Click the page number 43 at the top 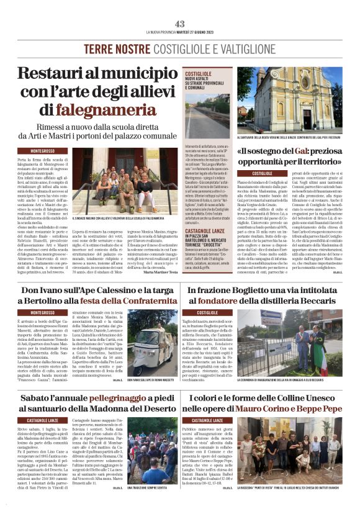[180, 23]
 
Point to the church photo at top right [289, 101]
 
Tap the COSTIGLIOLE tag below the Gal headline [261, 173]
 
